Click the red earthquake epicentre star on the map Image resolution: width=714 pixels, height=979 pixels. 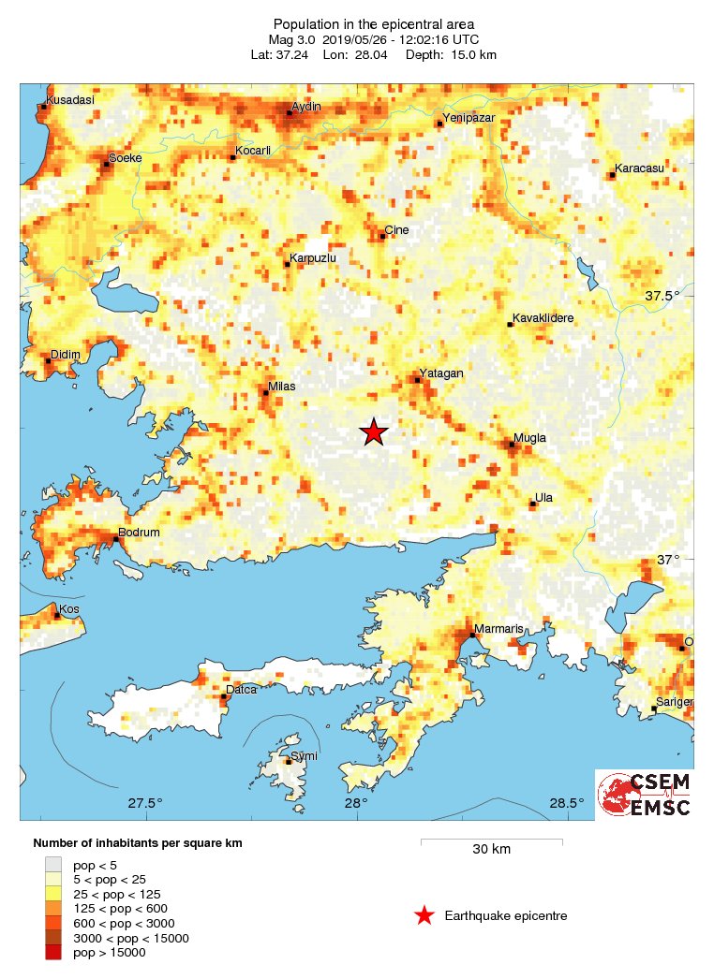click(x=374, y=431)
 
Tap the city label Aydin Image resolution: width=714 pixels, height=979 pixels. click(x=306, y=107)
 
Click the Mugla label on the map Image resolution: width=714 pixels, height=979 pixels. click(x=529, y=438)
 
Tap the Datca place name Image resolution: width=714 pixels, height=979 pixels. click(x=242, y=690)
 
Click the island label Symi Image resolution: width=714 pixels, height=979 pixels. click(x=304, y=755)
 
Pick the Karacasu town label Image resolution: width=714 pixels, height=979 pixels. click(x=638, y=168)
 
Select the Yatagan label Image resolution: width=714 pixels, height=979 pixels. click(x=441, y=373)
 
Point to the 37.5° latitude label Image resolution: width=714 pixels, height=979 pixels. click(x=662, y=296)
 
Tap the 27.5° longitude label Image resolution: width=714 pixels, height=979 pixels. click(x=145, y=802)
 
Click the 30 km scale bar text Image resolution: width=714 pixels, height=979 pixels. click(x=491, y=849)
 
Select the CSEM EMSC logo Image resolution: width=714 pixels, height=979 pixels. click(x=646, y=794)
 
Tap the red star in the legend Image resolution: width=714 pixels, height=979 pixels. click(x=424, y=915)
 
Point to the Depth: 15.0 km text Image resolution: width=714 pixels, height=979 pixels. click(x=451, y=54)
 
